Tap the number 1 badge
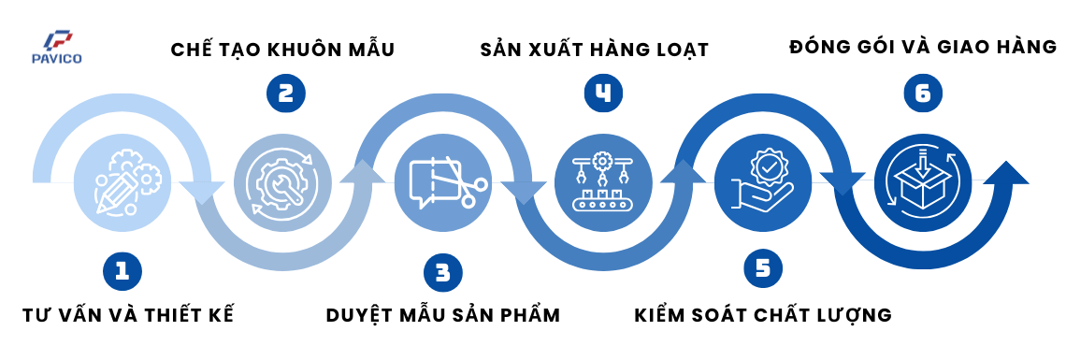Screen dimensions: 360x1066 tap(122, 272)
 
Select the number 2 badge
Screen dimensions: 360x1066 tap(286, 94)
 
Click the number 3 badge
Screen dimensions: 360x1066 tap(442, 272)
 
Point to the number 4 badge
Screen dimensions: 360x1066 tap(603, 94)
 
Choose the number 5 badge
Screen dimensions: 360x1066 tap(763, 269)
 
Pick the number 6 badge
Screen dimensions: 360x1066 tap(923, 94)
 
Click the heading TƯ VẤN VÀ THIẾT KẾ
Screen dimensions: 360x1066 tap(128, 314)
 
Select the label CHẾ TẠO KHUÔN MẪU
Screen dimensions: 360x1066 tap(282, 50)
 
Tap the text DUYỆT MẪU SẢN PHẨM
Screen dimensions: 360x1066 tap(443, 314)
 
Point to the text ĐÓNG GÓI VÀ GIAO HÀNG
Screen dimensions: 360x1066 tap(922, 46)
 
